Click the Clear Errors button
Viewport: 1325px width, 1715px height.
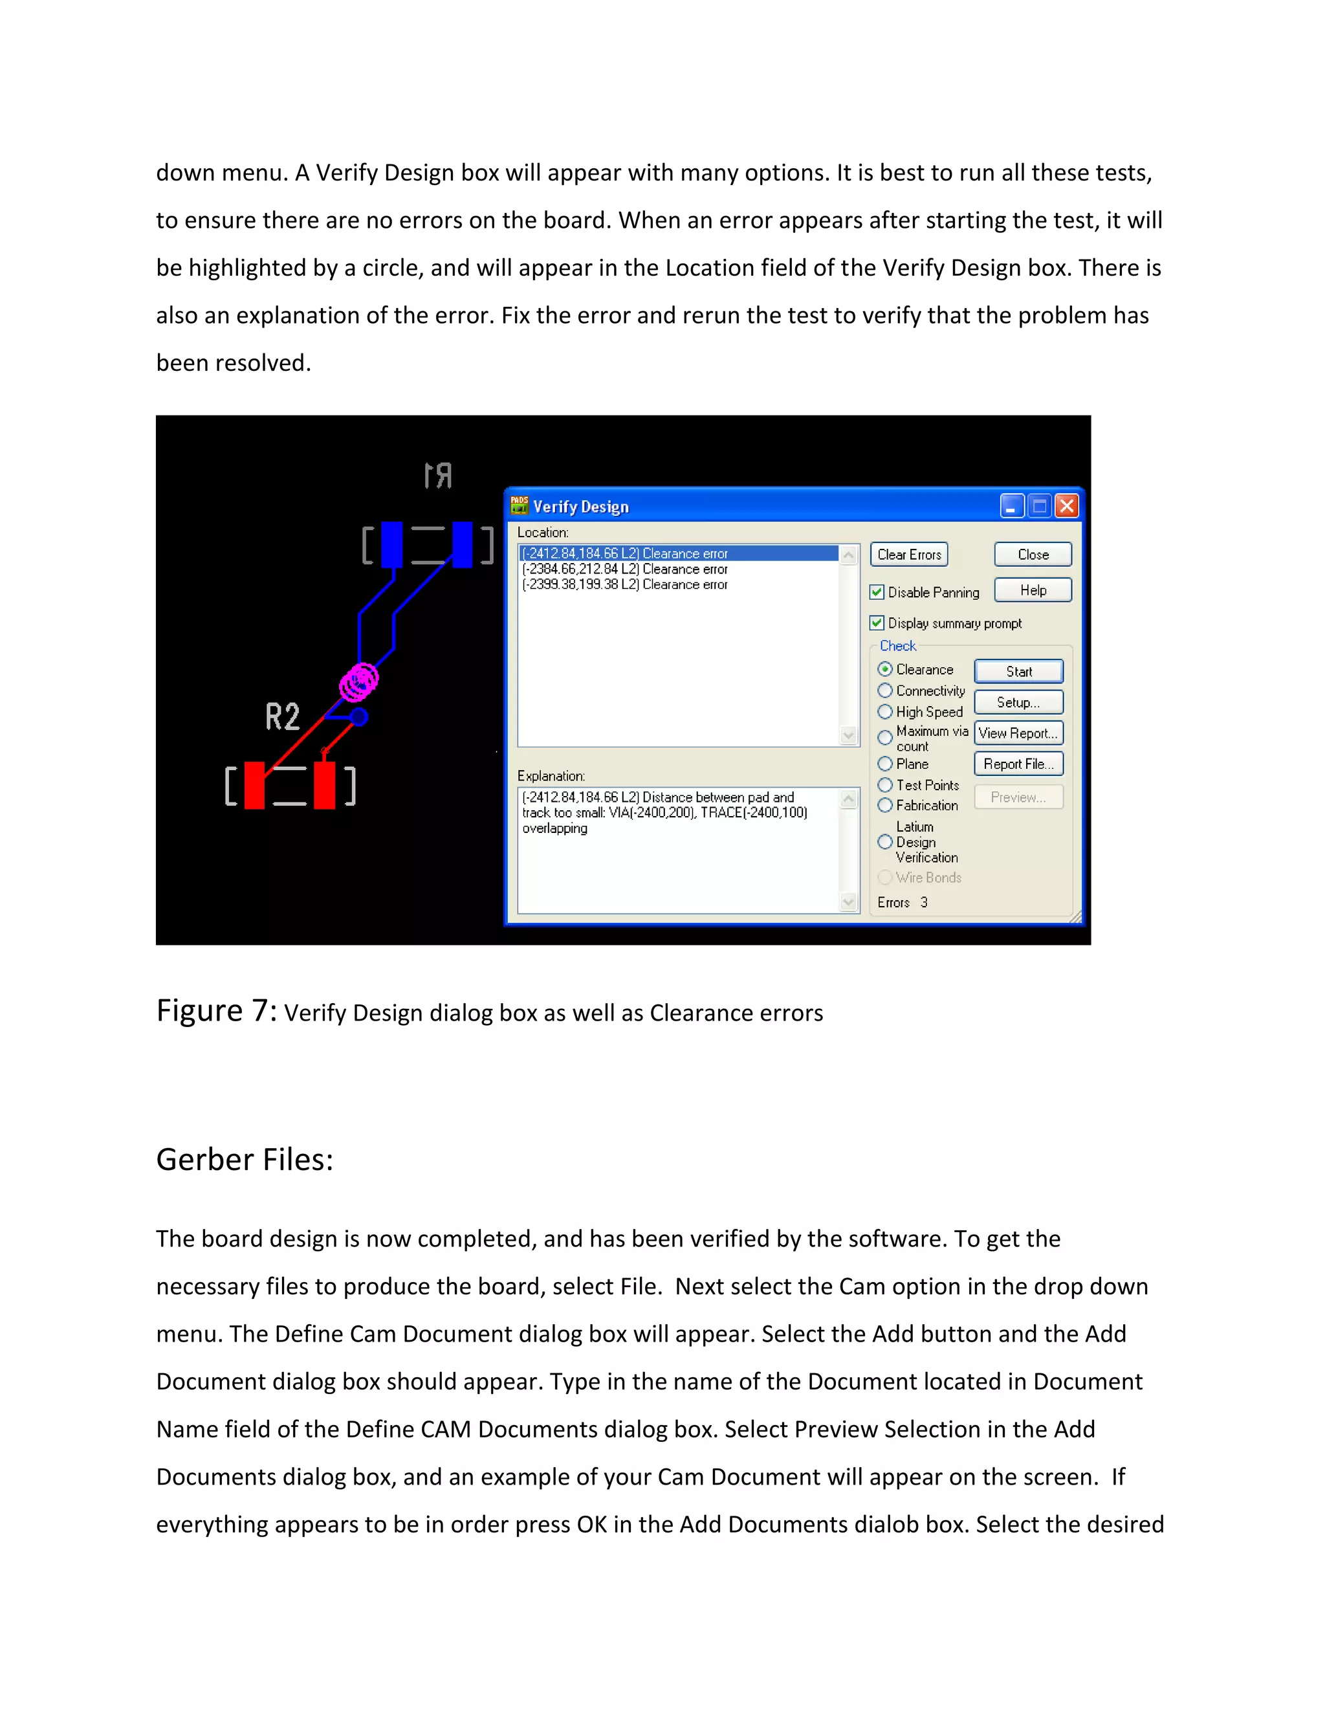point(908,555)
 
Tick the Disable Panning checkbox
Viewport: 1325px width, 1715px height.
point(877,592)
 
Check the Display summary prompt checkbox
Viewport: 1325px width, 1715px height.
point(877,623)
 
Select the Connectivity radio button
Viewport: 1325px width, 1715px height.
point(884,691)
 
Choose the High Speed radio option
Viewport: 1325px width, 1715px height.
point(884,711)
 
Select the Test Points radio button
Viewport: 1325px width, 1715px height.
point(884,784)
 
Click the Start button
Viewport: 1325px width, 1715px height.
point(1018,671)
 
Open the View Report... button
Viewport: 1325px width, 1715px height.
point(1018,733)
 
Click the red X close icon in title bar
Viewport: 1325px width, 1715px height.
point(1066,505)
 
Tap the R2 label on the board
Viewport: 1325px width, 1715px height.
point(283,716)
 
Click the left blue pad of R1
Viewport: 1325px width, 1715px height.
point(391,544)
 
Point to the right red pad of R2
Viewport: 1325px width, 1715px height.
point(324,784)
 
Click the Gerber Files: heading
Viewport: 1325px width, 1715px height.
point(245,1160)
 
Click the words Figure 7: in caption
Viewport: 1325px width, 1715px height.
point(216,1011)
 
